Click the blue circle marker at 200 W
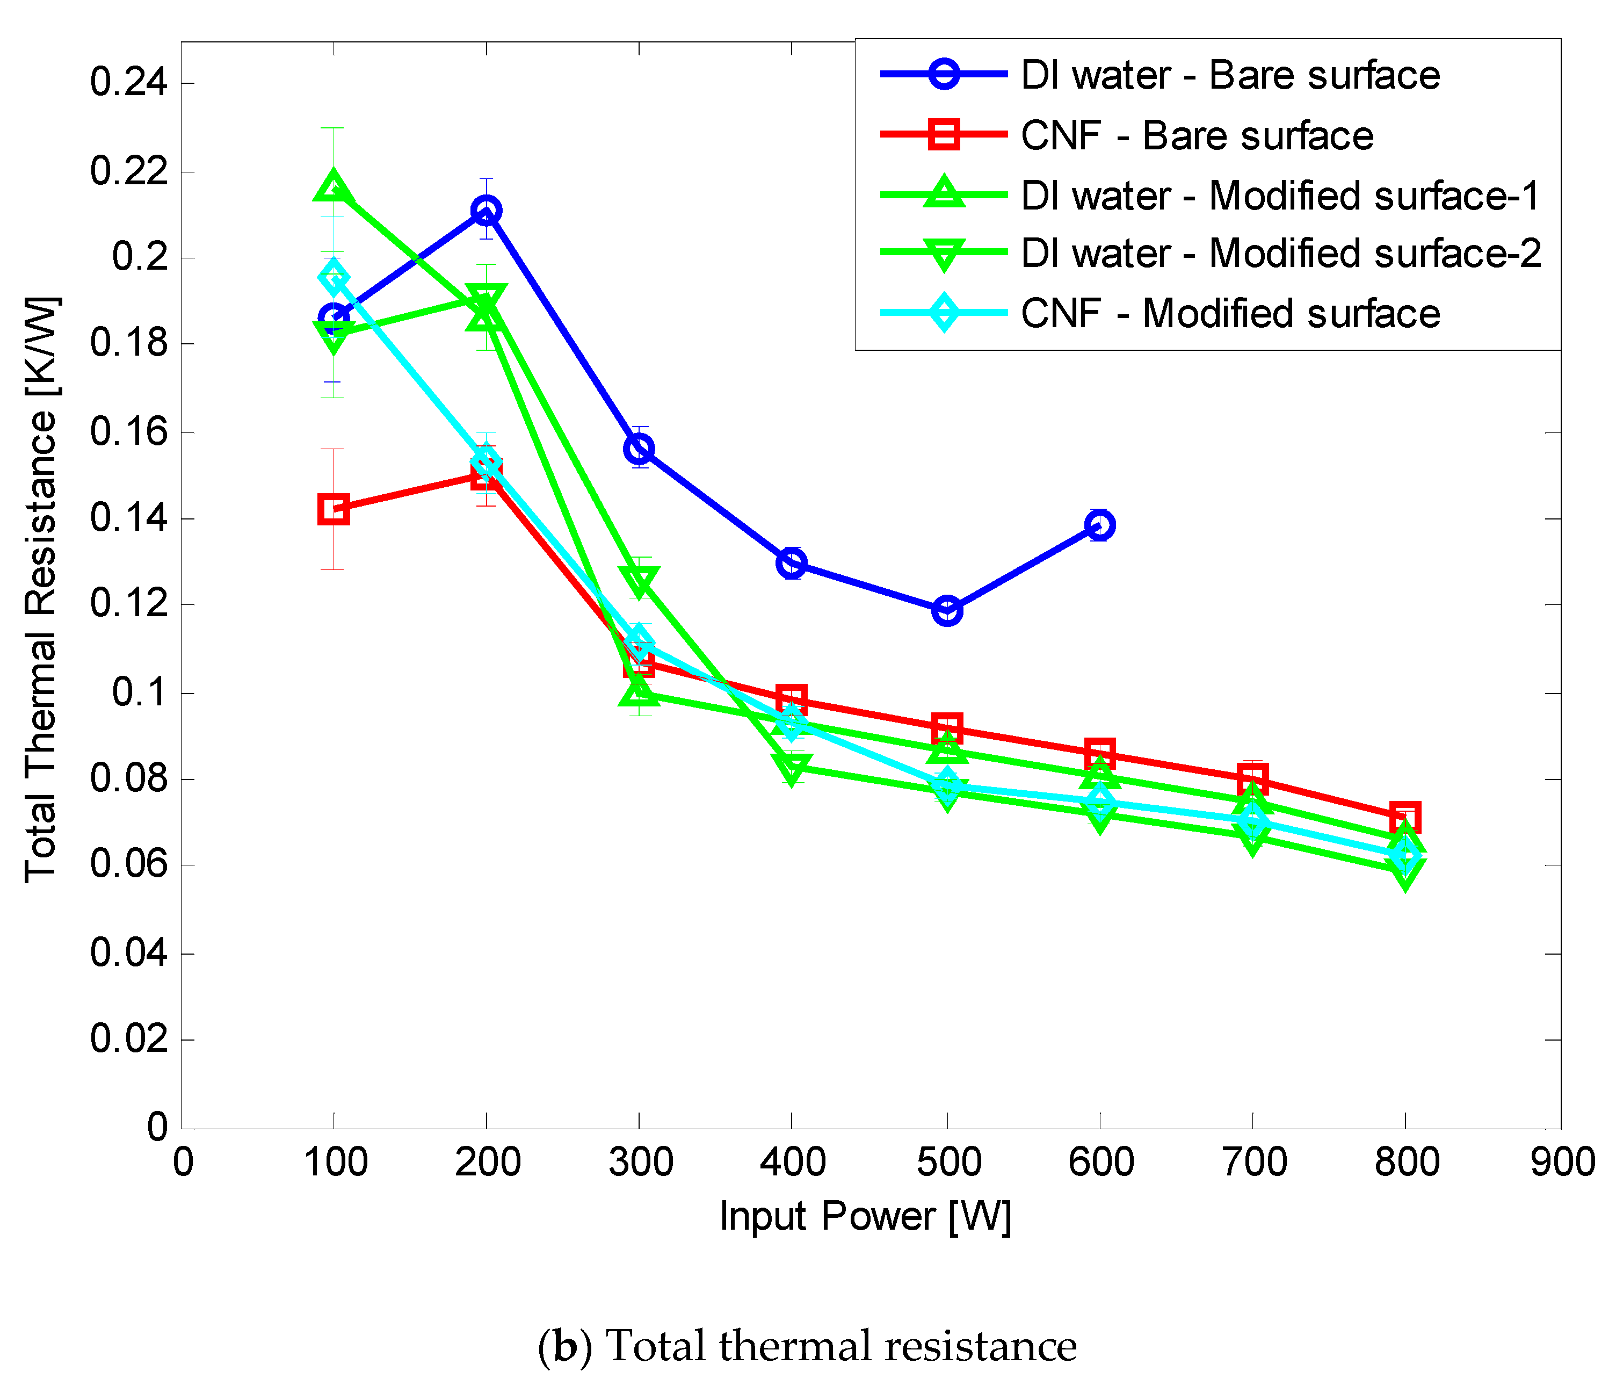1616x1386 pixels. coord(486,210)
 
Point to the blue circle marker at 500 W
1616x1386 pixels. coord(946,611)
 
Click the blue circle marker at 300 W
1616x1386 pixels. coord(639,449)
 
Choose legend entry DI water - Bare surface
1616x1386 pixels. coord(1230,75)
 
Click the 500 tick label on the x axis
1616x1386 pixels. coord(947,1162)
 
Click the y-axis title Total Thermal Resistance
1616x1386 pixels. coord(41,590)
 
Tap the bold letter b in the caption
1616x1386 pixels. coord(566,1346)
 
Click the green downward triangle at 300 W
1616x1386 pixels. coord(639,581)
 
